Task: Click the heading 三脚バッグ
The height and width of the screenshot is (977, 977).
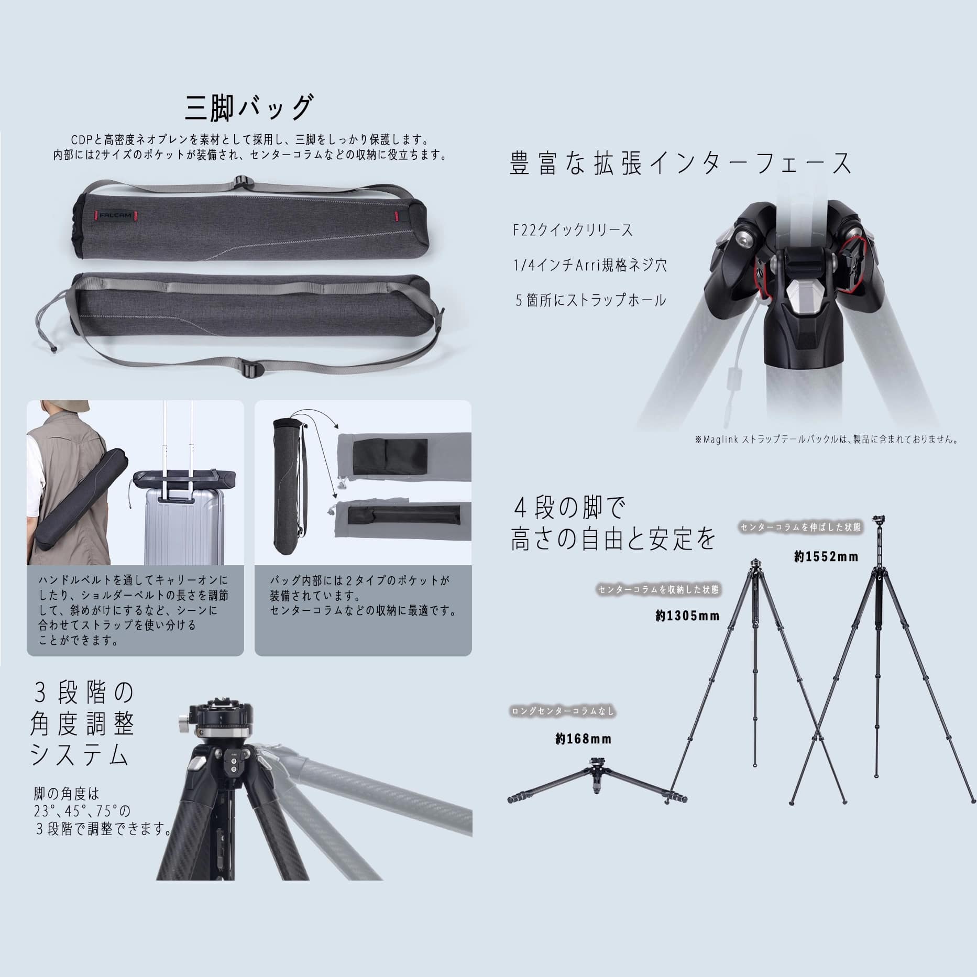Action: (249, 108)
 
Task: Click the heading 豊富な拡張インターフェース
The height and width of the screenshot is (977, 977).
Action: (680, 163)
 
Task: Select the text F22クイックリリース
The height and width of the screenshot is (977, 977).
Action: (573, 230)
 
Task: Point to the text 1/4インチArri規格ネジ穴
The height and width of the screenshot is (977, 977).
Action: (590, 265)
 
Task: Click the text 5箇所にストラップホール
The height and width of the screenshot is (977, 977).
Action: (590, 300)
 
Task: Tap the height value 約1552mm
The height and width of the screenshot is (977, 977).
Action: (826, 557)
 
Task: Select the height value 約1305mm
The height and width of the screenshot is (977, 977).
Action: (687, 616)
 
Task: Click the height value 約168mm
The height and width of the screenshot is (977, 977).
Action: (583, 739)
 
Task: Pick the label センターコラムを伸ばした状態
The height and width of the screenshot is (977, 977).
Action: (800, 528)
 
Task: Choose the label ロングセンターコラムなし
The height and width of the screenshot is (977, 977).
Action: (563, 711)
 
